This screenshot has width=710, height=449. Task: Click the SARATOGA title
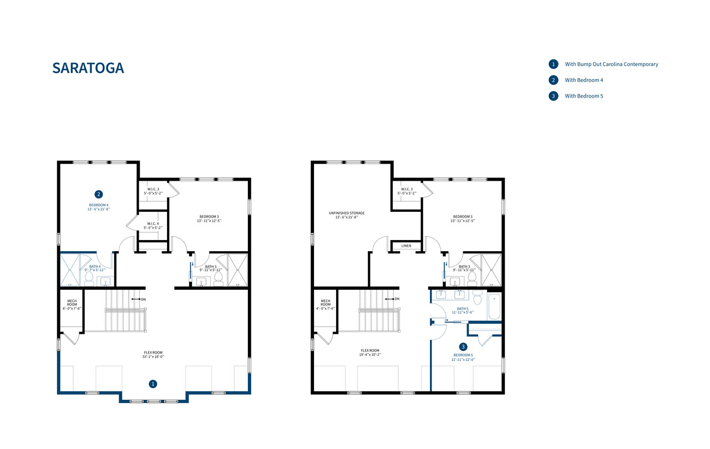pos(88,68)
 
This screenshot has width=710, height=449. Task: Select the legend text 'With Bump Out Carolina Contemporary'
pos(611,64)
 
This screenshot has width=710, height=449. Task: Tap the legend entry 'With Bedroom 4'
pos(584,80)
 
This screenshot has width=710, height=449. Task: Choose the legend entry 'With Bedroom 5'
pos(584,96)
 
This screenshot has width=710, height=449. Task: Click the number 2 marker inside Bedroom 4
pos(98,194)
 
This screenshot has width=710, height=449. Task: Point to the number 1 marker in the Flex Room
pos(154,384)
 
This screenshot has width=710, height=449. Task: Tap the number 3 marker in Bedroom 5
pos(463,346)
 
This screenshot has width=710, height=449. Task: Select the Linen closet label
pos(406,246)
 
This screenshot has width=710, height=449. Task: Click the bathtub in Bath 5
pos(494,307)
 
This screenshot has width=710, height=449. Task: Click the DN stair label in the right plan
pos(397,299)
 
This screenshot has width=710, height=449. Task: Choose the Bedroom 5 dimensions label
pos(463,359)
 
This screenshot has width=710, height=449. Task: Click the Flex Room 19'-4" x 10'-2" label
pos(370,353)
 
